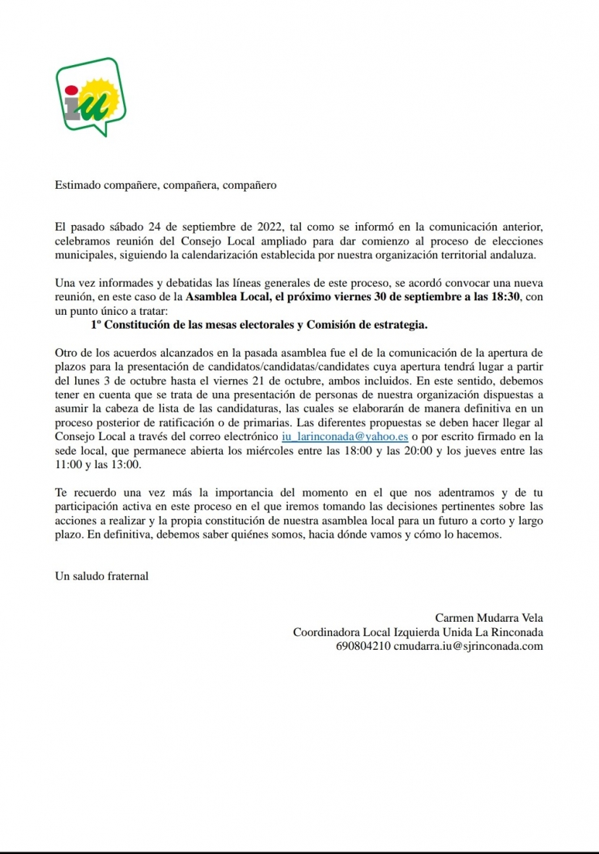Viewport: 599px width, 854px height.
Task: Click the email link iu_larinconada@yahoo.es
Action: click(345, 436)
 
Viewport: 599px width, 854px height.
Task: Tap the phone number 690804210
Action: click(363, 646)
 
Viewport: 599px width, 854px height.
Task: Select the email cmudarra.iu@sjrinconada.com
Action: click(469, 646)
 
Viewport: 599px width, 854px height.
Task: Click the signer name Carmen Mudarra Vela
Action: click(488, 617)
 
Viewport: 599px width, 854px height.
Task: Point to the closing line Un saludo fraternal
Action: click(102, 576)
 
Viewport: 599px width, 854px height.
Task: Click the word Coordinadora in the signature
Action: click(325, 632)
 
